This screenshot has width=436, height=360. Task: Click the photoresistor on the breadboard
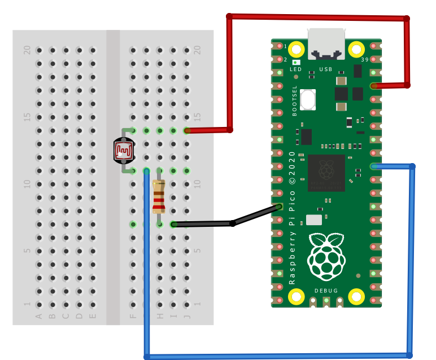(x=124, y=150)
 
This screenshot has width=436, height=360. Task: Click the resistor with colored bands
(x=159, y=197)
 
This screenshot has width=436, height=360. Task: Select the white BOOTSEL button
(x=308, y=100)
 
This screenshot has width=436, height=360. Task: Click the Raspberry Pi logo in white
(x=325, y=256)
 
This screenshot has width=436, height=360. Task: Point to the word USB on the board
(x=326, y=69)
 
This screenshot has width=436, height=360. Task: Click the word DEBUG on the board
(x=326, y=291)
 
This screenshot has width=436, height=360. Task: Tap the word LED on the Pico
(x=296, y=69)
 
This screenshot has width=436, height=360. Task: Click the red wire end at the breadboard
(x=188, y=130)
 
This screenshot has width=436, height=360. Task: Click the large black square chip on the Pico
(x=326, y=172)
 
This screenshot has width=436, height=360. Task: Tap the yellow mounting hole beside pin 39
(x=356, y=49)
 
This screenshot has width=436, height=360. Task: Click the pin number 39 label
(x=364, y=60)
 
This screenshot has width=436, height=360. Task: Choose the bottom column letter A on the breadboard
(x=39, y=316)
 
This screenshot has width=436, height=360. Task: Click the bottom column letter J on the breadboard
(x=187, y=316)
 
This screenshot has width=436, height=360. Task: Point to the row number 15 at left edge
(x=27, y=117)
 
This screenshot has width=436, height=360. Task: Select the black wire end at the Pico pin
(x=278, y=207)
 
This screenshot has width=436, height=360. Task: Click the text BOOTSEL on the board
(x=295, y=100)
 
